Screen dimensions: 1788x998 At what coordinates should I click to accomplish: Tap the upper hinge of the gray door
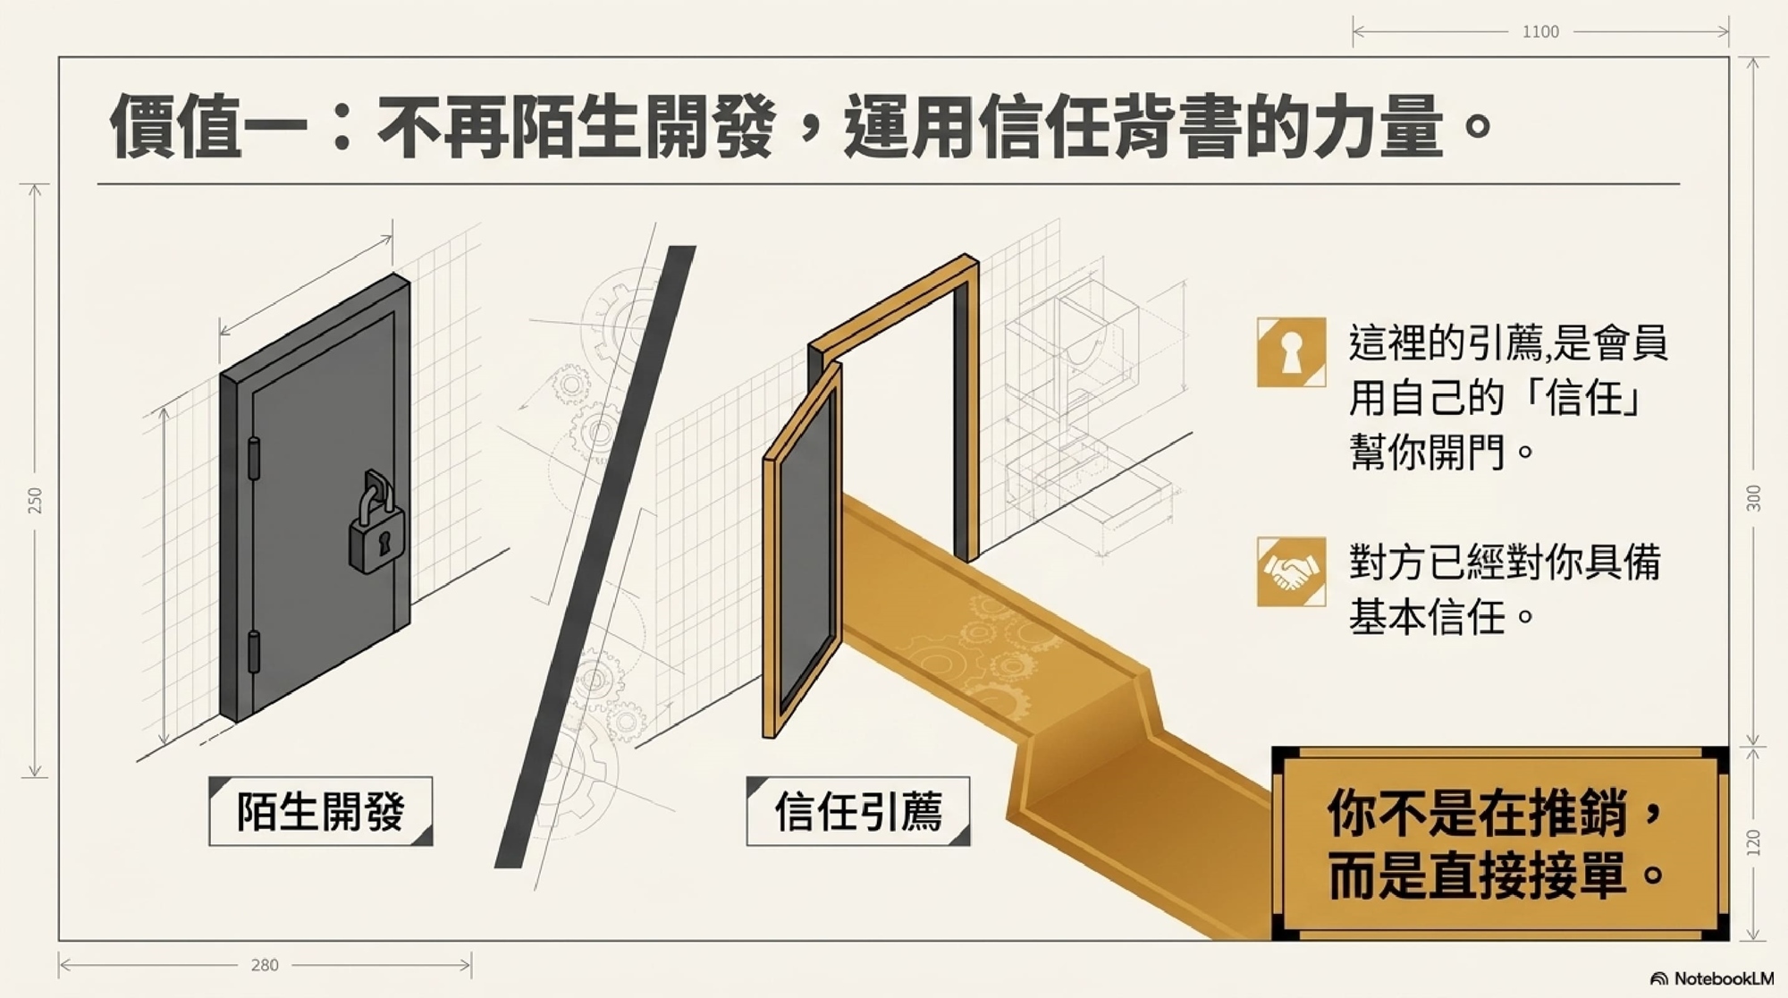point(254,458)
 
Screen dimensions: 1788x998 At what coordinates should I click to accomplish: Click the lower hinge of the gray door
point(254,651)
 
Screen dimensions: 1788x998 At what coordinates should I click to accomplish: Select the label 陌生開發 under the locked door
point(321,811)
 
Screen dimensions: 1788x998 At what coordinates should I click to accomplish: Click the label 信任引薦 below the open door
point(858,811)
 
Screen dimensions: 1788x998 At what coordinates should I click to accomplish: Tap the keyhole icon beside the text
point(1291,352)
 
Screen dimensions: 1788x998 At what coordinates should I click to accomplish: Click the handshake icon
point(1291,571)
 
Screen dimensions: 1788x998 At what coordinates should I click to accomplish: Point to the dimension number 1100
point(1540,32)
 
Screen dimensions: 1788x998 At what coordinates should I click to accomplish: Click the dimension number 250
point(35,500)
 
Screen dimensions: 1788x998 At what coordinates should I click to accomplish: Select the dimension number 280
point(265,965)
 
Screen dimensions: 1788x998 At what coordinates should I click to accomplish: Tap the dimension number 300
point(1753,498)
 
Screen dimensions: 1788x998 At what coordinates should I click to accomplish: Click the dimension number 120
point(1753,843)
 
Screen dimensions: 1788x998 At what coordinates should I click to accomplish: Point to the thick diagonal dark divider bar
point(595,556)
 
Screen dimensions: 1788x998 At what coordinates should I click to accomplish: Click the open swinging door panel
point(802,550)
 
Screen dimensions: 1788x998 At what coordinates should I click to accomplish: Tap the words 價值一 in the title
point(209,126)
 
